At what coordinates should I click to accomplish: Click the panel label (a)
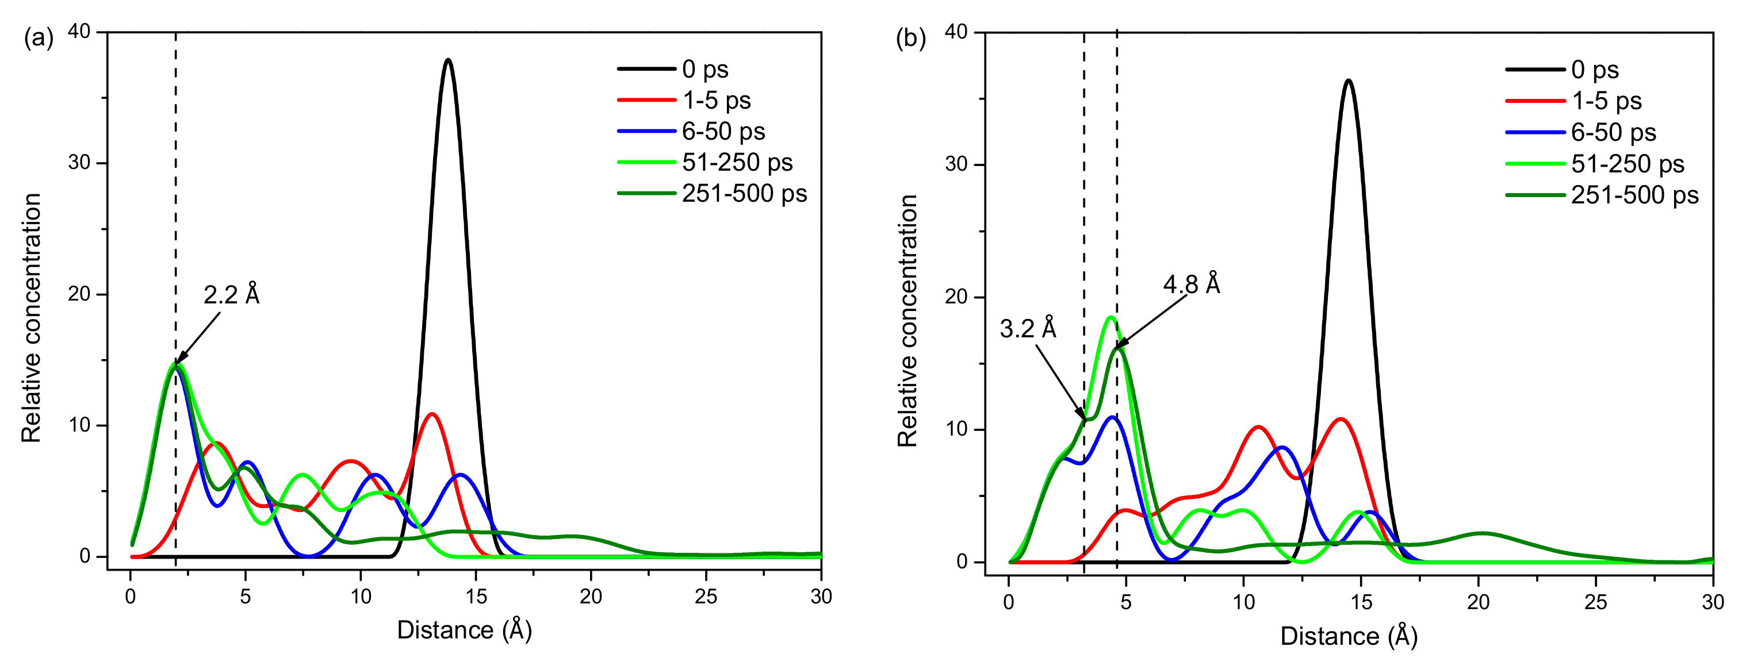(38, 38)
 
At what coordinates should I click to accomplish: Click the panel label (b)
(910, 38)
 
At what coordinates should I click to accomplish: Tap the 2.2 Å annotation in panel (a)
(232, 295)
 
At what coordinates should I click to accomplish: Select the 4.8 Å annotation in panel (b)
(1192, 284)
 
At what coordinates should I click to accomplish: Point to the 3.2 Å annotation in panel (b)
(1028, 329)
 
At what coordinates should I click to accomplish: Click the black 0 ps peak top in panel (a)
(448, 60)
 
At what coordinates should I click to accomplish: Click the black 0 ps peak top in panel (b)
(1348, 80)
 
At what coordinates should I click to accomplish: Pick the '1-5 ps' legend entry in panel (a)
(716, 101)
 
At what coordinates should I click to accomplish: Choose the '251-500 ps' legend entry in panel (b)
(1634, 195)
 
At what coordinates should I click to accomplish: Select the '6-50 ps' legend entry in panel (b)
(1613, 132)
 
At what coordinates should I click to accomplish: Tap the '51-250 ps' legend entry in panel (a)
(737, 163)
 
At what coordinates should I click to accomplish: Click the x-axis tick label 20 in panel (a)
(591, 597)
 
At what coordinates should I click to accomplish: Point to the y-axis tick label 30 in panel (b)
(956, 165)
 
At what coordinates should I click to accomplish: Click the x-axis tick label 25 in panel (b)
(1595, 602)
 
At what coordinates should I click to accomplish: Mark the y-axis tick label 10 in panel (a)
(79, 425)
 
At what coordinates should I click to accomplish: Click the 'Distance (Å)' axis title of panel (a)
(464, 630)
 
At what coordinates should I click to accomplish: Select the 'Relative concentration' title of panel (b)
(908, 321)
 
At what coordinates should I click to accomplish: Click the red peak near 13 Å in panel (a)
(432, 414)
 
